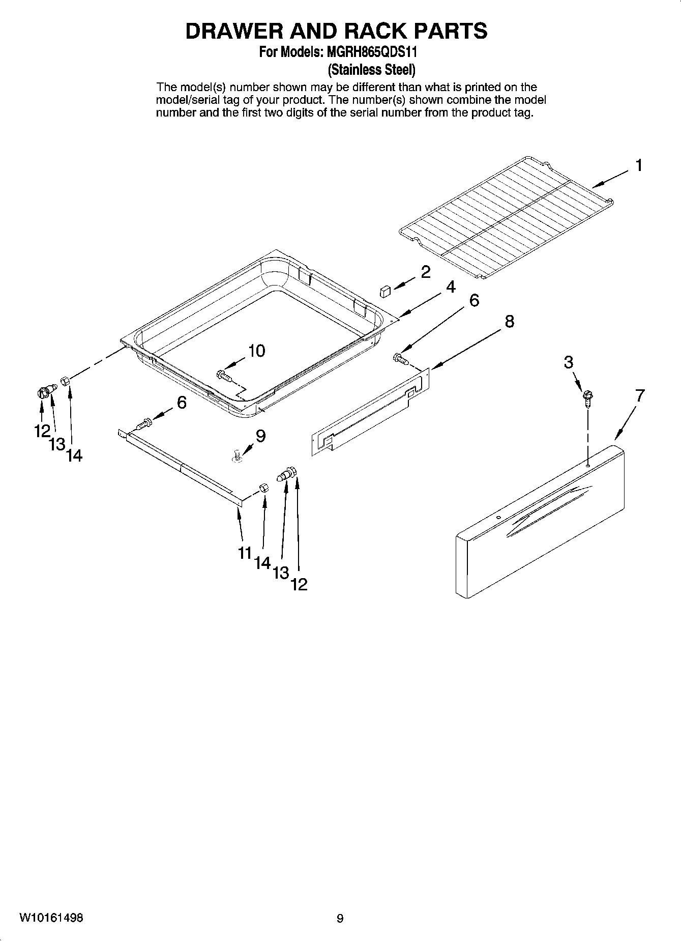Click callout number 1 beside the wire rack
[638, 165]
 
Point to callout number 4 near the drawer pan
[451, 287]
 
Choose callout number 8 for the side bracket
[509, 321]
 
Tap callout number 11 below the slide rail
[245, 553]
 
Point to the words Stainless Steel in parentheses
[372, 69]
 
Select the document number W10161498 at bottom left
[52, 918]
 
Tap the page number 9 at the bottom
[340, 918]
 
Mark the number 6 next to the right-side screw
[473, 300]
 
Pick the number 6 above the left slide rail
[182, 403]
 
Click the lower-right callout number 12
[299, 585]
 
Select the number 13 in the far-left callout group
[57, 444]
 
